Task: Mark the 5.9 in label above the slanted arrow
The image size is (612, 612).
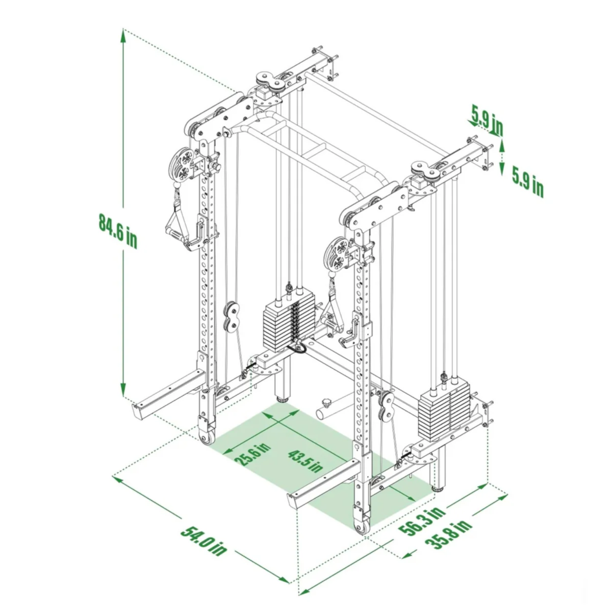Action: click(x=487, y=120)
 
